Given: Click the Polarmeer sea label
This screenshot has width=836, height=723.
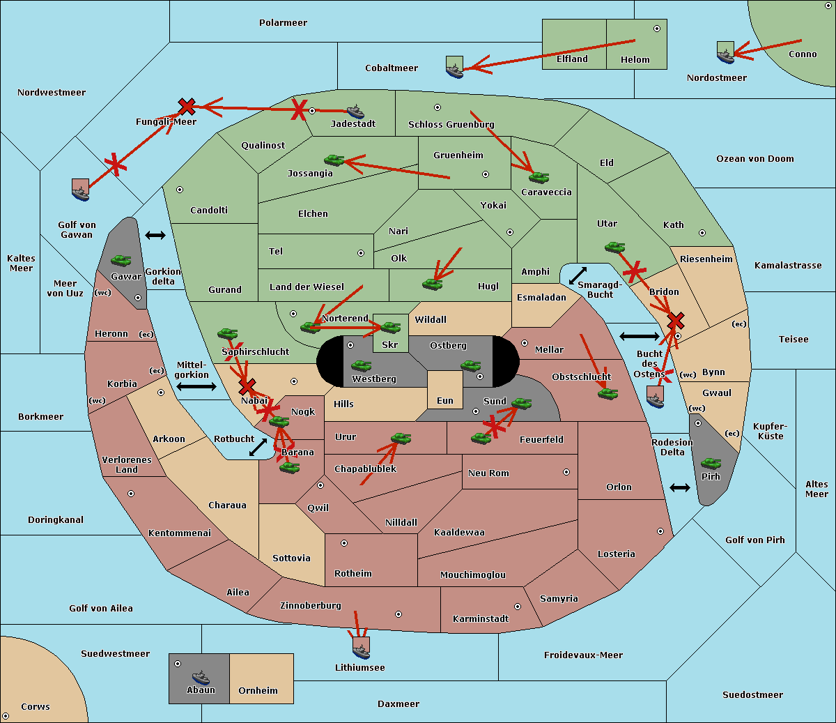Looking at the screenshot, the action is click(x=283, y=23).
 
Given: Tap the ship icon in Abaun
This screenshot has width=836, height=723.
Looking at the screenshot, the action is click(x=201, y=677).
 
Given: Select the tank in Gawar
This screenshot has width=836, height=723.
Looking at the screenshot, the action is click(x=121, y=260).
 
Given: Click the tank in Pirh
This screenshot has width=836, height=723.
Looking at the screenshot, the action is click(x=711, y=463).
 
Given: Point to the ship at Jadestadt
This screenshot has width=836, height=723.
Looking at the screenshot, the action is click(x=355, y=112).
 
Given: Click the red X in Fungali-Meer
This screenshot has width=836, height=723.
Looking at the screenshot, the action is click(x=187, y=107).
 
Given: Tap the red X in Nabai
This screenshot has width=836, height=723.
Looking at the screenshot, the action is click(x=247, y=386).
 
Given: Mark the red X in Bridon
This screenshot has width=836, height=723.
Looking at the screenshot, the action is click(x=676, y=321).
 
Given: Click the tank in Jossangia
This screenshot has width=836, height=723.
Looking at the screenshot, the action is click(x=334, y=160).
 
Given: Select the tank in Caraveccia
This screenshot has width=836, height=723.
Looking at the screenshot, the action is click(x=539, y=177).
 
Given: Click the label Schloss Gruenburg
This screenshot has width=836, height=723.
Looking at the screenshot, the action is click(x=451, y=124).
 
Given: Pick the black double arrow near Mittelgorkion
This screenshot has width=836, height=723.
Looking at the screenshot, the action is click(x=196, y=387).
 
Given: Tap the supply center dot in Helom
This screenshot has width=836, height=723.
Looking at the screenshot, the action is click(x=657, y=29).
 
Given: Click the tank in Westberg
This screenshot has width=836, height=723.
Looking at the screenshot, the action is click(x=361, y=365).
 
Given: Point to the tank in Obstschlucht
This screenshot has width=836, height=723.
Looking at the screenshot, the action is click(x=608, y=393).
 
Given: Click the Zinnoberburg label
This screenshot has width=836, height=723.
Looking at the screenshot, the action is click(x=311, y=605).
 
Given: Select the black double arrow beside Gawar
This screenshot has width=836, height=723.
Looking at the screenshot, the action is click(x=155, y=235).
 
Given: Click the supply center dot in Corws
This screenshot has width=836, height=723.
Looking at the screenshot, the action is click(x=6, y=716).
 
